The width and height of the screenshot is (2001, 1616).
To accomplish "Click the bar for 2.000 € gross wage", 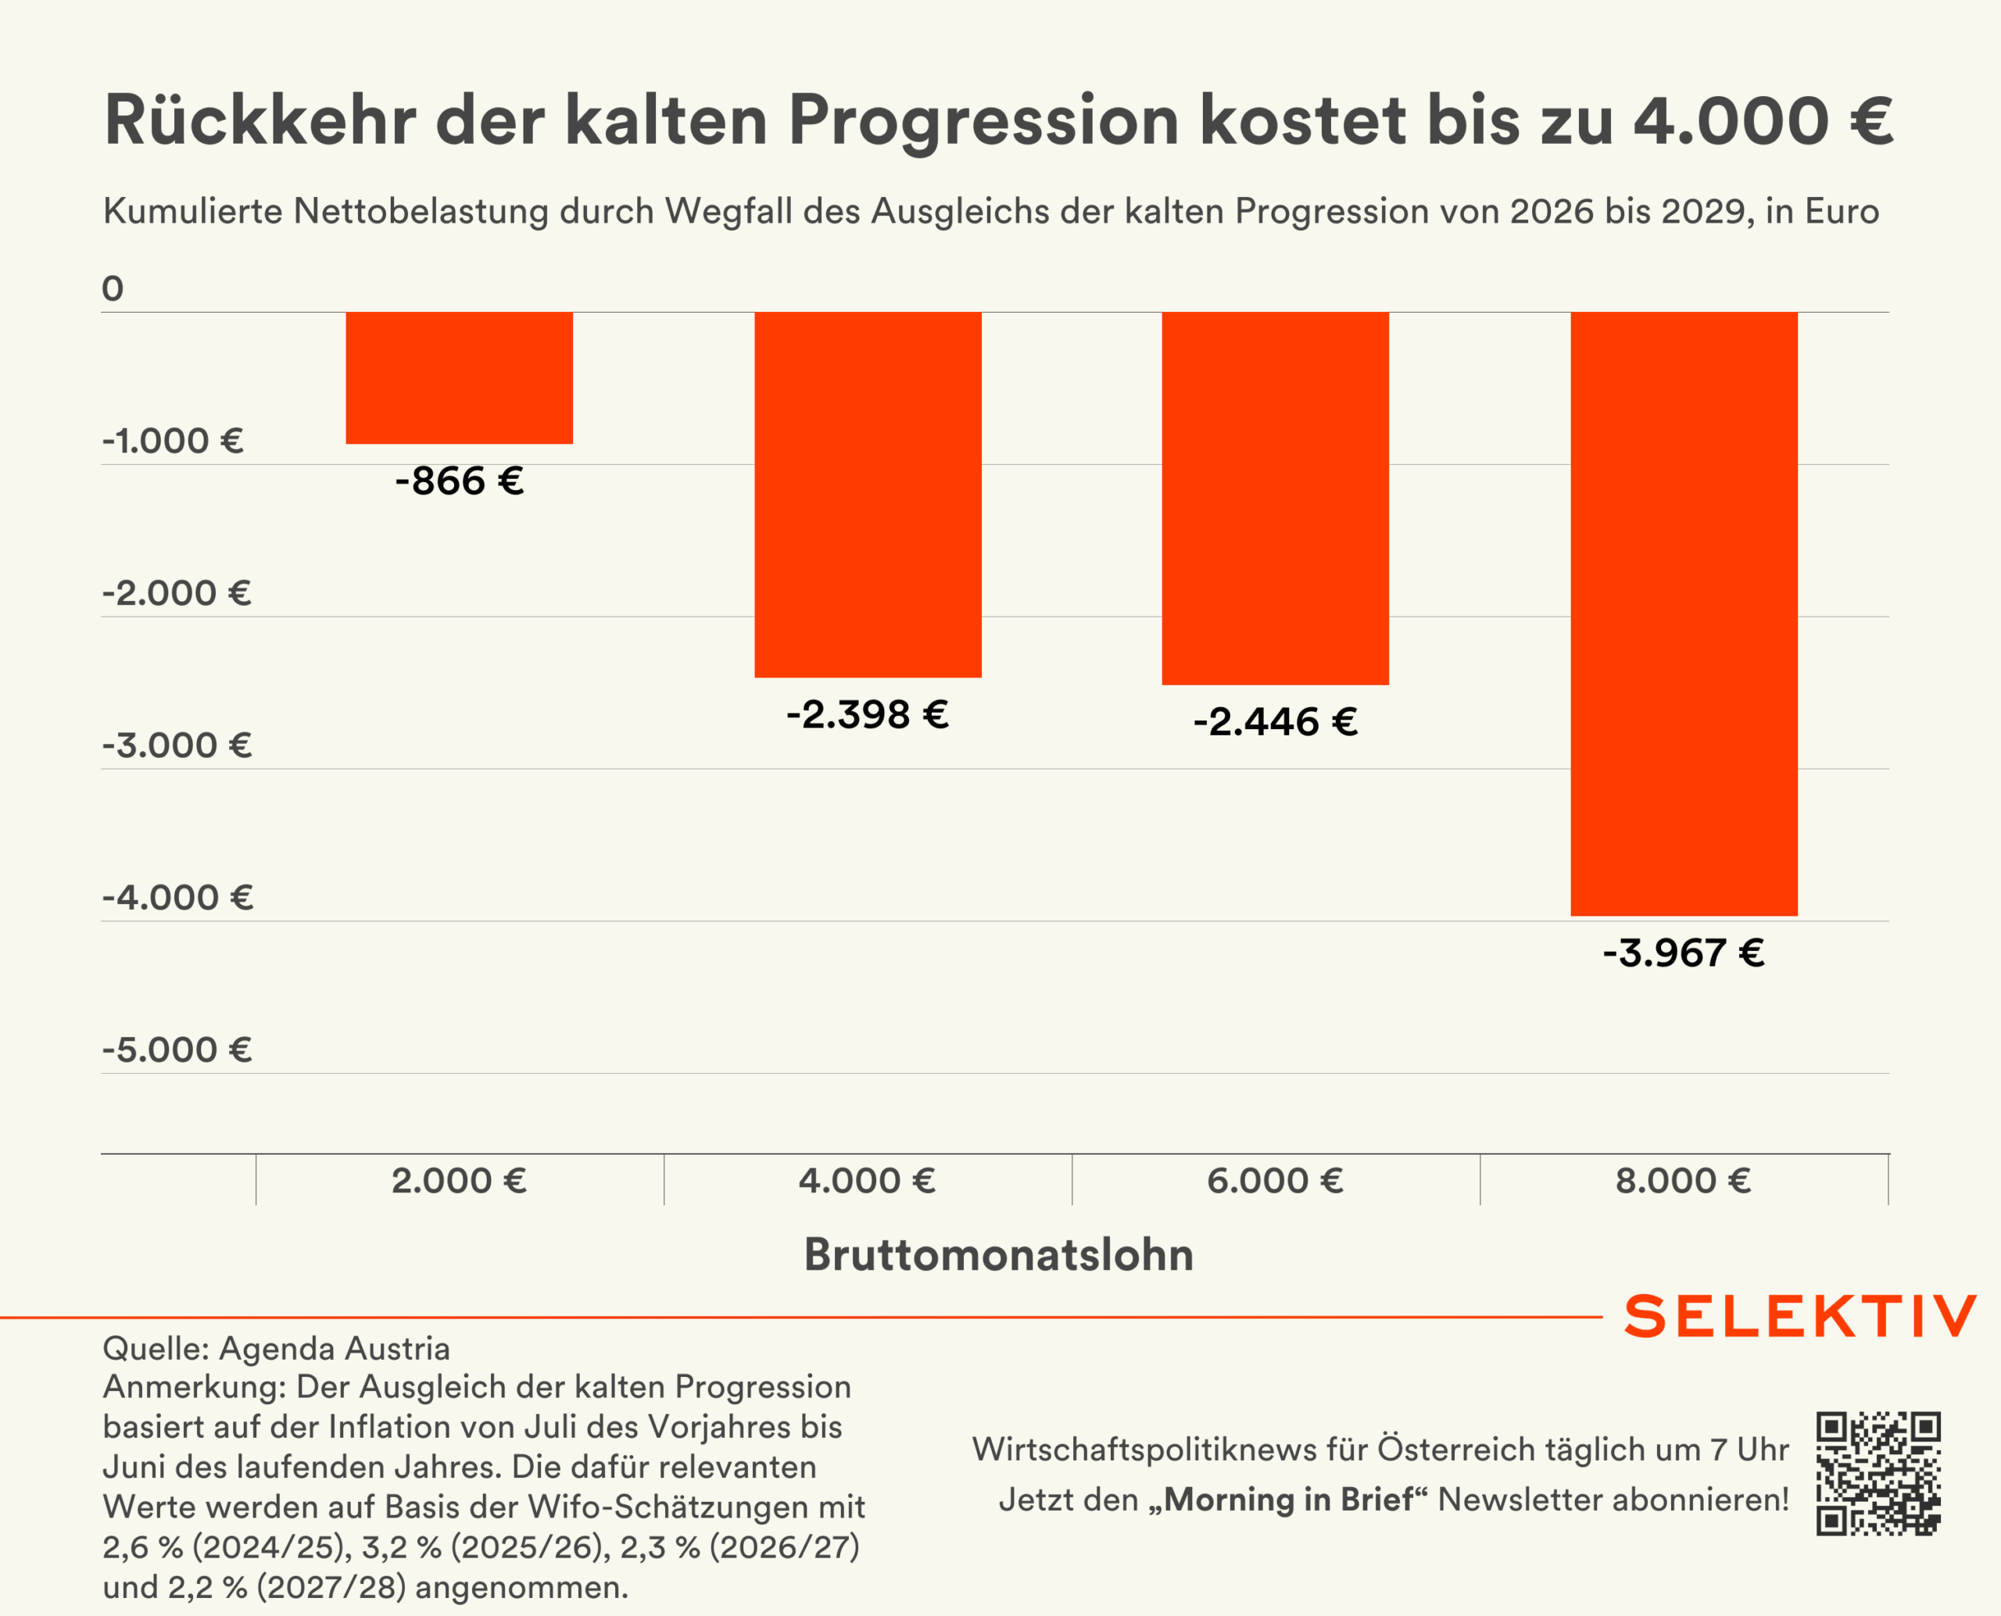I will [x=459, y=378].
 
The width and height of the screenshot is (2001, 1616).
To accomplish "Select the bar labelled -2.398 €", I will [x=867, y=495].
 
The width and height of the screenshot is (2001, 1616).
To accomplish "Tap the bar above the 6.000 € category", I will [x=1275, y=498].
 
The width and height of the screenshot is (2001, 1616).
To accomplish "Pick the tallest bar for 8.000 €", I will [x=1684, y=613].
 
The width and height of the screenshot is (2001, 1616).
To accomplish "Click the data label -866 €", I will [x=459, y=481].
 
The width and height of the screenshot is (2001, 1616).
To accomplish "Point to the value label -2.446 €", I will [x=1275, y=721].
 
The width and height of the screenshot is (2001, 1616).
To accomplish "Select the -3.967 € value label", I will [x=1684, y=953].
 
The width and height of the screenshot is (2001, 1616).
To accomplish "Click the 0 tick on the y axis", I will [x=113, y=288].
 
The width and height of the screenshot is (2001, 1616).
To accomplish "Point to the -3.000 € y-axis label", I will [x=177, y=745].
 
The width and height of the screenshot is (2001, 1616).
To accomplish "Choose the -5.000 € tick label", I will [x=177, y=1049].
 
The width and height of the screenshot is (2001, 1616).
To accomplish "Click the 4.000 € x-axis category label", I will [x=867, y=1180].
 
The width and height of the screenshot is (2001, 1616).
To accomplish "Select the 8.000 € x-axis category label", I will [x=1684, y=1180].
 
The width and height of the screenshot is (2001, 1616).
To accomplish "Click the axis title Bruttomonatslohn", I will [x=998, y=1254].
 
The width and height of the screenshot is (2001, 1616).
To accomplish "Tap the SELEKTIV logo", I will [x=1800, y=1315].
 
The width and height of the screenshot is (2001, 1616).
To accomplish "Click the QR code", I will [x=1878, y=1474].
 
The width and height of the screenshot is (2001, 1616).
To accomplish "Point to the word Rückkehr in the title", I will [x=260, y=121].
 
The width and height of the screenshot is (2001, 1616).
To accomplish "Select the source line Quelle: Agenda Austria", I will [x=277, y=1348].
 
